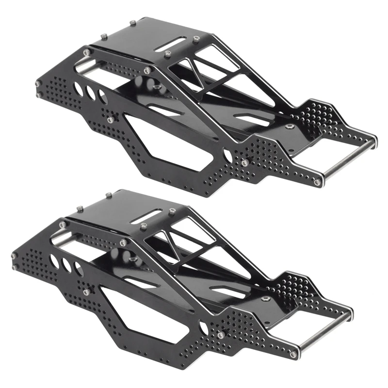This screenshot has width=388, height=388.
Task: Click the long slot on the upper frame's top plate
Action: click(170, 42)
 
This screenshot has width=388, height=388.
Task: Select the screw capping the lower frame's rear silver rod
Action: click(293, 355)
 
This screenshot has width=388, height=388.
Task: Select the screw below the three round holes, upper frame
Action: click(110, 120)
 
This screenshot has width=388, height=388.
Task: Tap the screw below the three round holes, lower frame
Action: click(86, 292)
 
